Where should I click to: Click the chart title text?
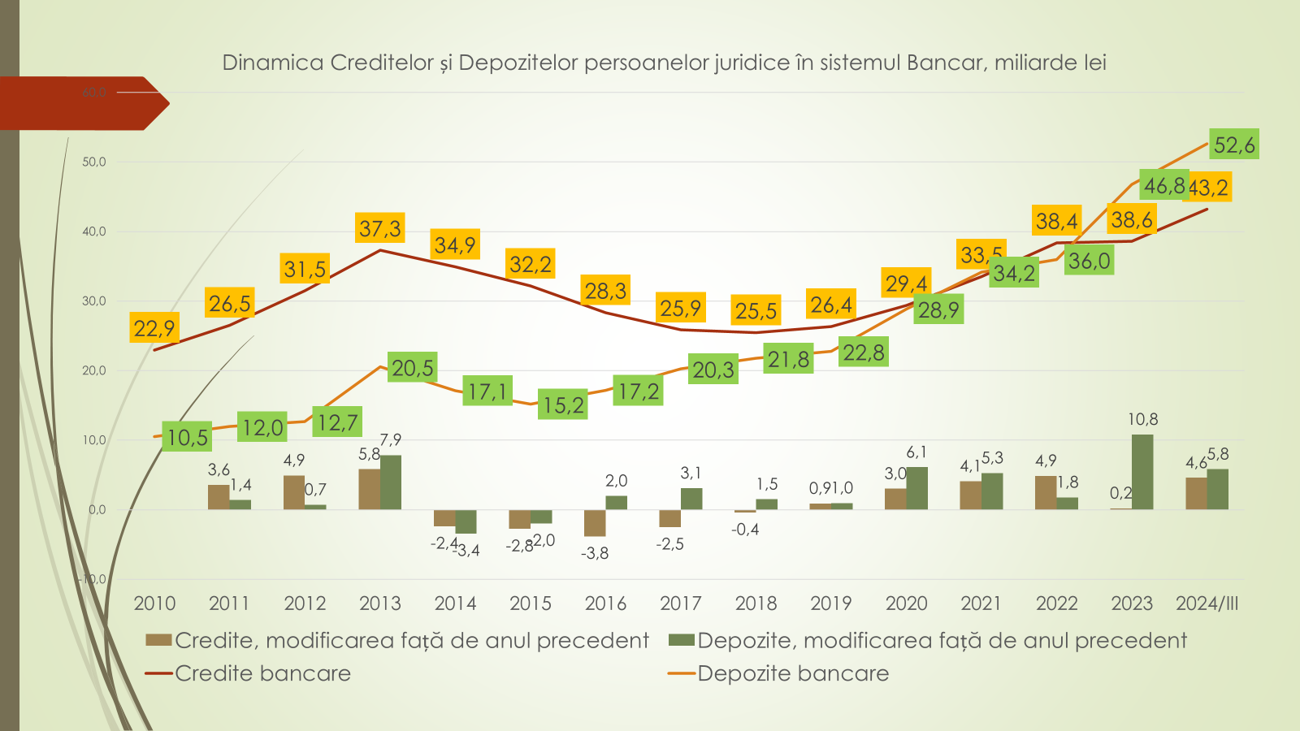(x=664, y=63)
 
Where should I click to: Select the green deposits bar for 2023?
(x=1142, y=472)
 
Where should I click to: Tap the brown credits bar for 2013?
(x=369, y=489)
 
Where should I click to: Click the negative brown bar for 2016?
(x=595, y=523)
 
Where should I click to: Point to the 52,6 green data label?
(x=1234, y=145)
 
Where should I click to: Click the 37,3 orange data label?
(x=380, y=228)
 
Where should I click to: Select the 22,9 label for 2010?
(x=154, y=328)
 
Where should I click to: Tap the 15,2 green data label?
(x=563, y=404)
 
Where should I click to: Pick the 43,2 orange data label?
(x=1209, y=188)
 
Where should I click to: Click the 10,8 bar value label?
(x=1142, y=419)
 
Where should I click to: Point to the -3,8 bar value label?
(x=595, y=553)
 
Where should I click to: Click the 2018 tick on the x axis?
(x=756, y=603)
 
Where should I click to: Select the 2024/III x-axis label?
(x=1207, y=603)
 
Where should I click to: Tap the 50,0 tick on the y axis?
(x=94, y=162)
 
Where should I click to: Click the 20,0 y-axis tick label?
(x=94, y=370)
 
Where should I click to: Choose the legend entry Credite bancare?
(x=262, y=673)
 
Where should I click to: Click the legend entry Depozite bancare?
(x=793, y=673)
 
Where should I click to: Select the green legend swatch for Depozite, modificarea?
(x=681, y=640)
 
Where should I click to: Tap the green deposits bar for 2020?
(x=916, y=488)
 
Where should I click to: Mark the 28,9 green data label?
(x=938, y=309)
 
